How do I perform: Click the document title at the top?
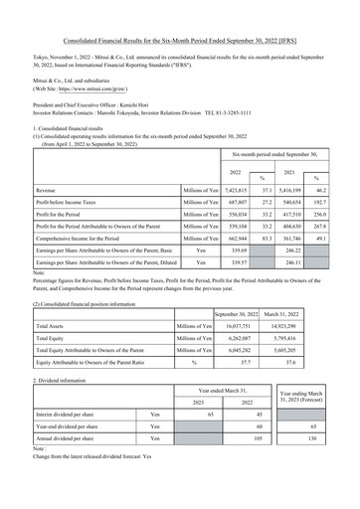[180, 11]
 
